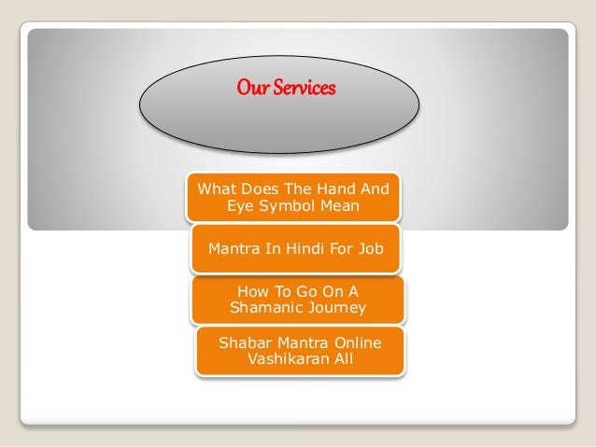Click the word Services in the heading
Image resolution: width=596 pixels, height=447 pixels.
click(x=304, y=90)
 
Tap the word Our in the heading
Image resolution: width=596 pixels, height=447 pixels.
click(x=253, y=90)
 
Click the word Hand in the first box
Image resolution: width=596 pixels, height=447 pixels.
click(x=340, y=186)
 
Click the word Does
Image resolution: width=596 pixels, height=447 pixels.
click(x=257, y=186)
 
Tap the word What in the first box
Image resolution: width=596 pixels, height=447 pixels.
click(x=212, y=186)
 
